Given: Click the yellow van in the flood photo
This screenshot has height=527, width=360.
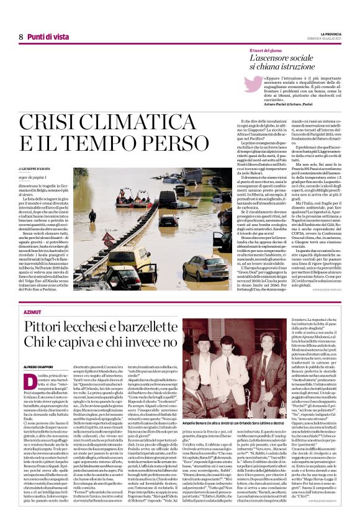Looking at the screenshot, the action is [x=130, y=261].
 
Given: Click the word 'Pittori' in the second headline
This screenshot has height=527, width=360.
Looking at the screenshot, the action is [x=52, y=328].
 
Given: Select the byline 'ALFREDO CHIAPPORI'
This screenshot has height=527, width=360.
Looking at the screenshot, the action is [x=38, y=367].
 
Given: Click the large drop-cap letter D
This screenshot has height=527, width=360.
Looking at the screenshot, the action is [x=29, y=381].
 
